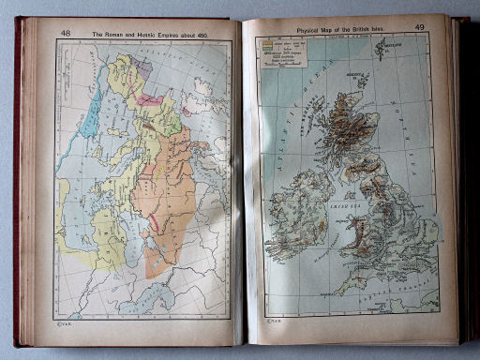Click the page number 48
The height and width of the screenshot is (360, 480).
[65, 33]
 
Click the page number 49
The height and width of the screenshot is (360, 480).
[420, 27]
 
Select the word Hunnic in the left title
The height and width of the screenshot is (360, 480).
[156, 34]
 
